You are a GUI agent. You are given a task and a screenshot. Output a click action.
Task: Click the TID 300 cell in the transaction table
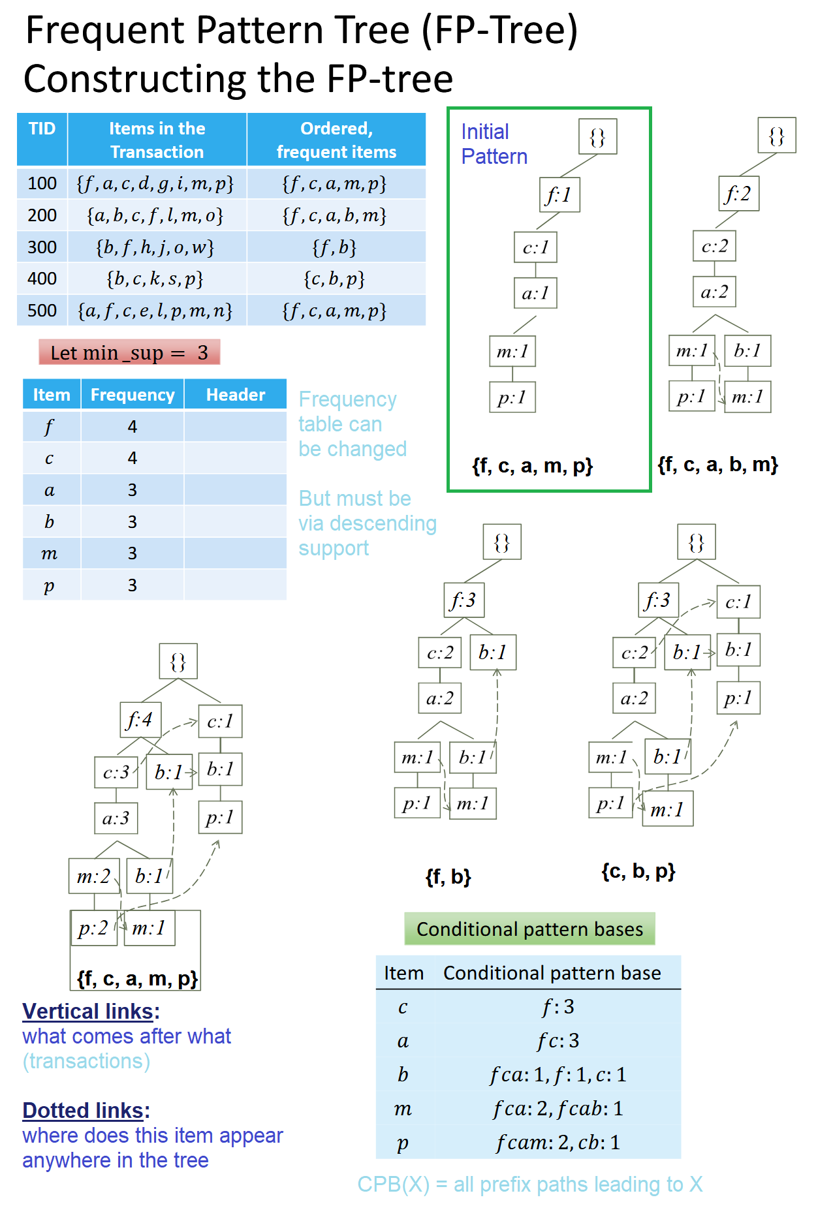point(42,247)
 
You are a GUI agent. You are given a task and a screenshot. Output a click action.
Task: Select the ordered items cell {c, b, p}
point(335,279)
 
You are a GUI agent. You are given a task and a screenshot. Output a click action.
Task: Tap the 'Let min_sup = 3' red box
point(129,352)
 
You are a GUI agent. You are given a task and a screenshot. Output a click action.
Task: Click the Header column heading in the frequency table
point(235,395)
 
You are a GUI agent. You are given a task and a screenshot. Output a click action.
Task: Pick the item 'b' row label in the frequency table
point(50,522)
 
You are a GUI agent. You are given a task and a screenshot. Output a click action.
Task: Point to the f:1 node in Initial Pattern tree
point(559,194)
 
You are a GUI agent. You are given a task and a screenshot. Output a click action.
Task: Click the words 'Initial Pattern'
point(494,144)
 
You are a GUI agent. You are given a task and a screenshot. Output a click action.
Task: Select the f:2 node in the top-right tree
point(738,194)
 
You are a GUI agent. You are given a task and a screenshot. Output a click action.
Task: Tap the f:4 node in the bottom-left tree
point(140,720)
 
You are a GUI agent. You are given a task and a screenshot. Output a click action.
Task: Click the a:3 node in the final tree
point(116,818)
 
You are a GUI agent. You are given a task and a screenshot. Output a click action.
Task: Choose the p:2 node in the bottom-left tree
point(93,928)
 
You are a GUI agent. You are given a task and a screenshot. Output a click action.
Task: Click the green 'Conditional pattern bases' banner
point(529,929)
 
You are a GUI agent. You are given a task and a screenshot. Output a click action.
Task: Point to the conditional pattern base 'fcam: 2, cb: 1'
point(558,1143)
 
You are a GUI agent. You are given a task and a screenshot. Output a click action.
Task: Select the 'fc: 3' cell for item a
point(558,1041)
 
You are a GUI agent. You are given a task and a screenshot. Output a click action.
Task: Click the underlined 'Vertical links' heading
point(88,1012)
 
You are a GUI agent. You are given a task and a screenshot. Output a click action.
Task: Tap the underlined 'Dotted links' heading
point(84,1111)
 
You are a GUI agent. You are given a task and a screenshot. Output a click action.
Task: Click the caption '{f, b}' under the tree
point(448,876)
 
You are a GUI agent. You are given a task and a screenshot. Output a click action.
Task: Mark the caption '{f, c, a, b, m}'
point(717,465)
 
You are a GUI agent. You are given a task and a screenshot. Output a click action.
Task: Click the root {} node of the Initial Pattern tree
point(597,137)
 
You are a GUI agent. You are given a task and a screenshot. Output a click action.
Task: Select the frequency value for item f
point(133,427)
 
